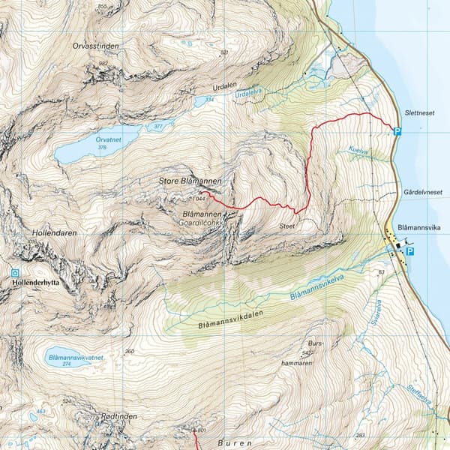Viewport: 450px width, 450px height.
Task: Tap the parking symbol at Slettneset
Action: click(x=397, y=132)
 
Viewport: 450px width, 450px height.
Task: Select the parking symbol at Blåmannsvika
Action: click(x=409, y=252)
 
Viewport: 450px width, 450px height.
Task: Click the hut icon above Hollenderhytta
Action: click(x=15, y=273)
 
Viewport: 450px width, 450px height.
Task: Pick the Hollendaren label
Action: click(x=56, y=232)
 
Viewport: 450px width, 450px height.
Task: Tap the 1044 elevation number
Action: click(x=198, y=199)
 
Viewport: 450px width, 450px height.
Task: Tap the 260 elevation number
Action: click(x=129, y=351)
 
